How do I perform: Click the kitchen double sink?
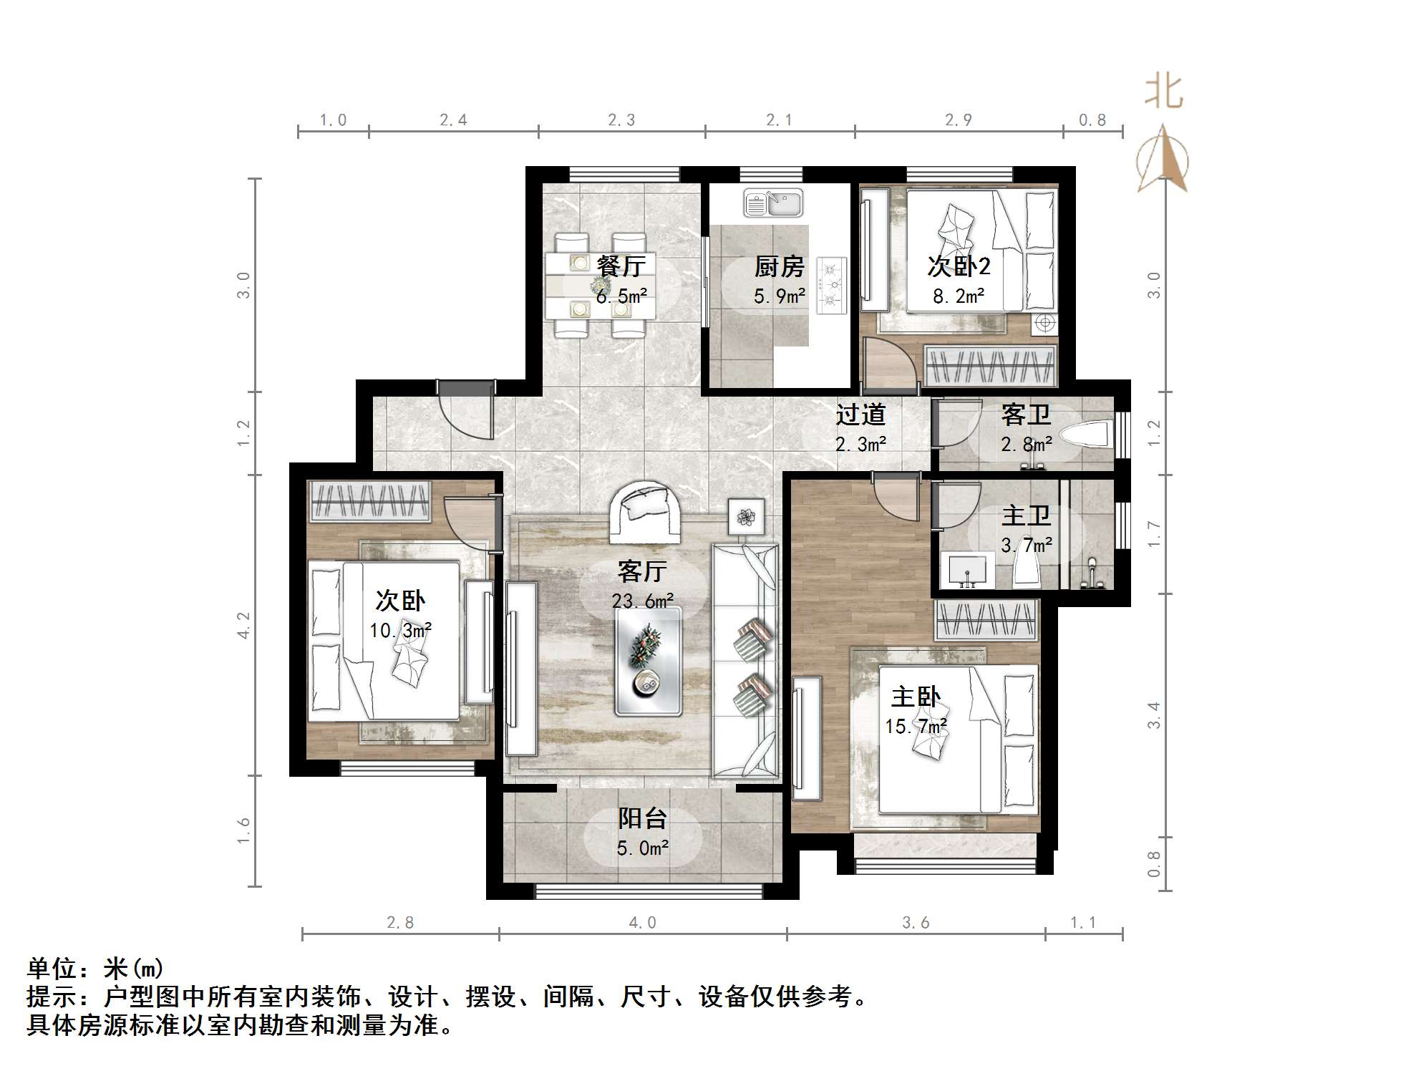[x=773, y=203]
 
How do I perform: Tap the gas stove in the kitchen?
[x=831, y=286]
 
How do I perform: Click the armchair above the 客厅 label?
[x=644, y=510]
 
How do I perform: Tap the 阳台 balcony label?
[x=642, y=818]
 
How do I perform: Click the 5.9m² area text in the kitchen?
[x=779, y=296]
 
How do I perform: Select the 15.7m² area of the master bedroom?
[x=916, y=727]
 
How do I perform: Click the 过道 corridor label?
[x=860, y=415]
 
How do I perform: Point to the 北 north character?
[x=1163, y=92]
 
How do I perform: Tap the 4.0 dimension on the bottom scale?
[x=642, y=923]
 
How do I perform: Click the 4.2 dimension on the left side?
[x=244, y=624]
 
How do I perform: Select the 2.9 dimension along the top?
[x=958, y=120]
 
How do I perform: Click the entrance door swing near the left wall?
[x=467, y=413]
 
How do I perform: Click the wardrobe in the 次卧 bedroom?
[x=369, y=500]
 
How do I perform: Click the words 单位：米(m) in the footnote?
[x=95, y=969]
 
